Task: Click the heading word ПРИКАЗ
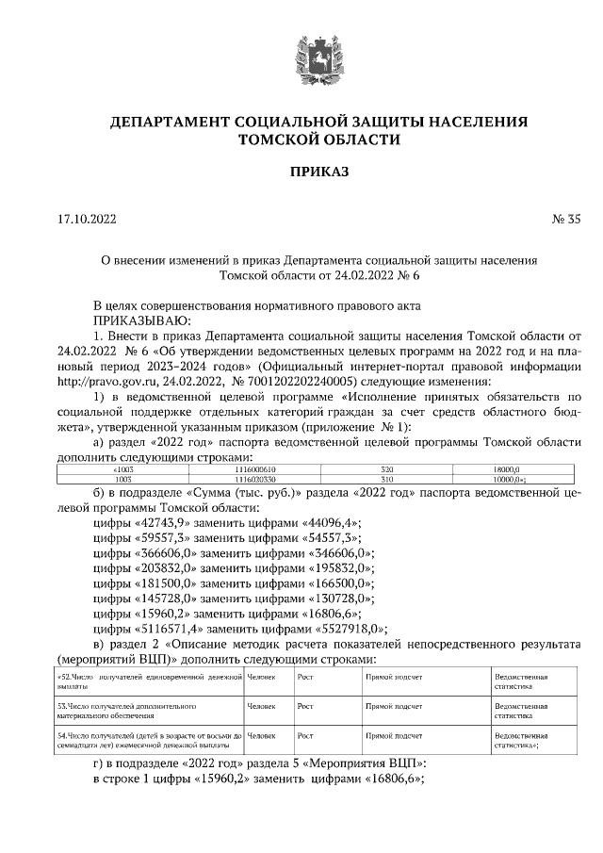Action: [x=318, y=172]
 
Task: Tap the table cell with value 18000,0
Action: [x=520, y=468]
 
